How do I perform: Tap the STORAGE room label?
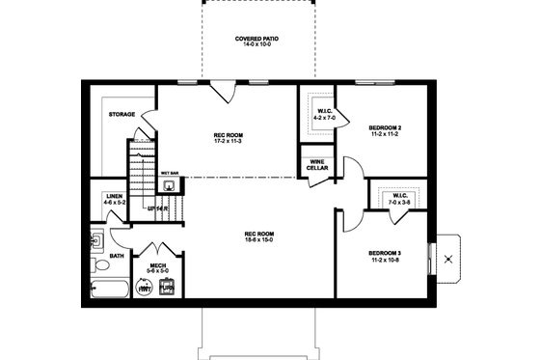pos(121,115)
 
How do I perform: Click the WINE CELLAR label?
pos(318,164)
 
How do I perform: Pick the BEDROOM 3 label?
pos(386,254)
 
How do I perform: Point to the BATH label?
pos(117,256)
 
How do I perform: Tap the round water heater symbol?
pos(146,287)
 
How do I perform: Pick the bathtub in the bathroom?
pos(109,288)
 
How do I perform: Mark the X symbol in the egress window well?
pos(446,258)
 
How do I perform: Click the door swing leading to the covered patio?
pos(224,93)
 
